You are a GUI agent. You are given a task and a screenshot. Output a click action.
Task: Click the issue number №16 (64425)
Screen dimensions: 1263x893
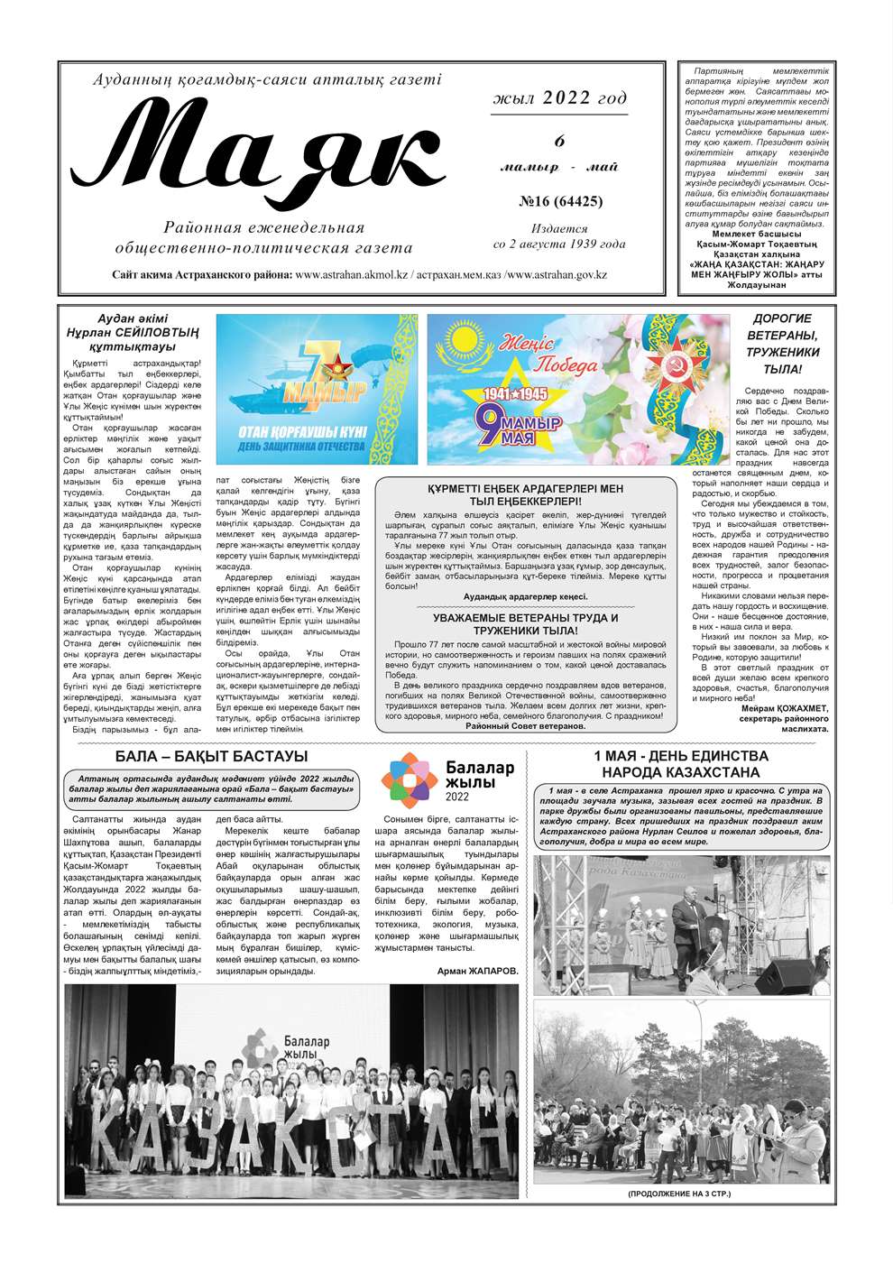560,201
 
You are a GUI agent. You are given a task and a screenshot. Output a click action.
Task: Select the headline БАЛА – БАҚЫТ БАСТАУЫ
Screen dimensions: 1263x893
211,756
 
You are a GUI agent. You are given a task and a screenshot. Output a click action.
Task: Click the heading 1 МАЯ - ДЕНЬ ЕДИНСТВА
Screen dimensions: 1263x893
681,756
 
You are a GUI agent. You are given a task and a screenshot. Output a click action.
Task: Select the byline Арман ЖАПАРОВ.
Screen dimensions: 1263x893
478,971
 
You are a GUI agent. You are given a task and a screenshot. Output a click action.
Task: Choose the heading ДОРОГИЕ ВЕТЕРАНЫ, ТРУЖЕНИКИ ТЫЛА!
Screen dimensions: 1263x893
782,344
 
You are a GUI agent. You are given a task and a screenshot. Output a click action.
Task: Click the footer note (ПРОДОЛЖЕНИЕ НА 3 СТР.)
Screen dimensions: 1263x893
680,1194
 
